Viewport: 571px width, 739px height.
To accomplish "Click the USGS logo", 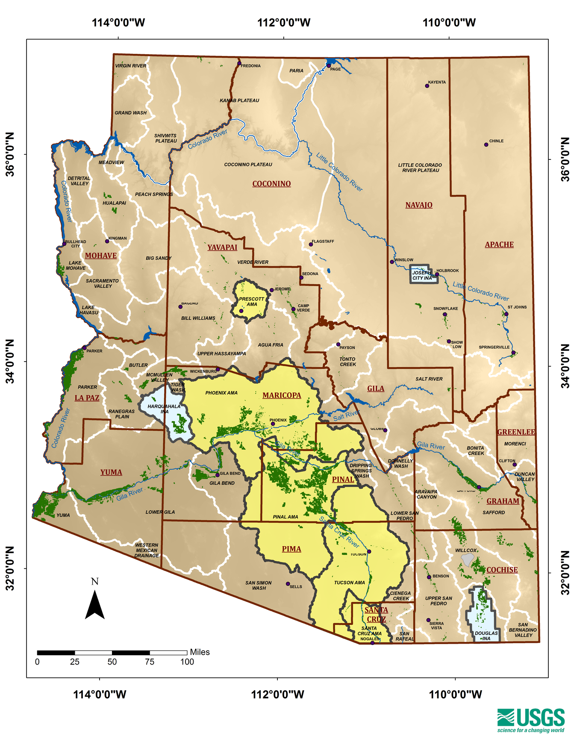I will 531,720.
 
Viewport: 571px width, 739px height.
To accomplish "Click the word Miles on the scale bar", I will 200,652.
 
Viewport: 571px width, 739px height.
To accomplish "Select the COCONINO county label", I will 271,184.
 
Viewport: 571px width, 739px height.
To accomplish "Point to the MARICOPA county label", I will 282,395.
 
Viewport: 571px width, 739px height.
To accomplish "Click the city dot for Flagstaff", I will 311,244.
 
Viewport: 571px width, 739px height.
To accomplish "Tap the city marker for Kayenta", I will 427,86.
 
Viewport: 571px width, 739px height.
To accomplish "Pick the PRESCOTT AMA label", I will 252,302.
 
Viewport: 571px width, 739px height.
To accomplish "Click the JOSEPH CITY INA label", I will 422,275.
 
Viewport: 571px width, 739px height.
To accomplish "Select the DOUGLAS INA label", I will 486,636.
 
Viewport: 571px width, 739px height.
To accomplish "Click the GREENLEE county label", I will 516,432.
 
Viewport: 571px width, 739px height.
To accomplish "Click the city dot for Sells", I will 288,584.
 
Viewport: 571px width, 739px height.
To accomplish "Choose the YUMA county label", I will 111,472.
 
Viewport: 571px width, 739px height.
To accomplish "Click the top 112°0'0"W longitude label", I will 284,23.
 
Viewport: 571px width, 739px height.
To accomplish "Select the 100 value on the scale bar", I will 187,662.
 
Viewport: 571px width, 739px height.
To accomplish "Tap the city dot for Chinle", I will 486,144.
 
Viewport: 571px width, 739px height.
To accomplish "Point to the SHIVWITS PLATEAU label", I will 166,138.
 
